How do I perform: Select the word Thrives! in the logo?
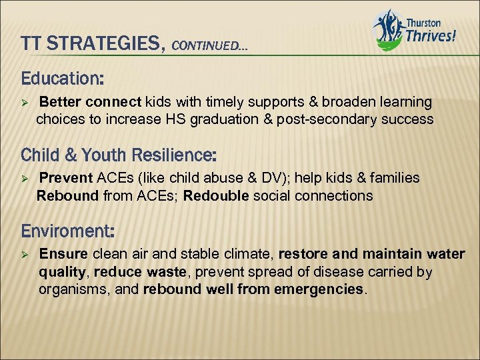pos(431,34)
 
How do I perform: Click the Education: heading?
pos(62,79)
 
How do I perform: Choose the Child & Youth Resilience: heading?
pos(119,155)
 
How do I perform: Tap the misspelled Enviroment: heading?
pos(68,231)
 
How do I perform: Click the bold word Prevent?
pos(67,178)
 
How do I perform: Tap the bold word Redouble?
pos(214,196)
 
